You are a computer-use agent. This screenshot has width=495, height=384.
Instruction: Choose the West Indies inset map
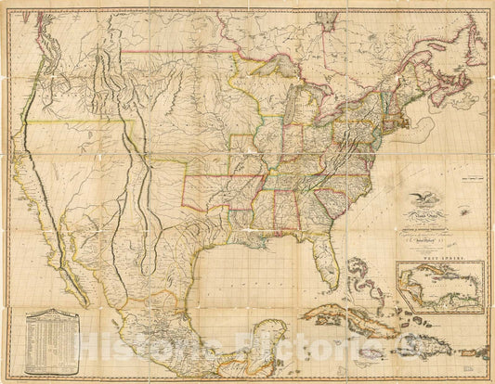coord(438,285)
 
